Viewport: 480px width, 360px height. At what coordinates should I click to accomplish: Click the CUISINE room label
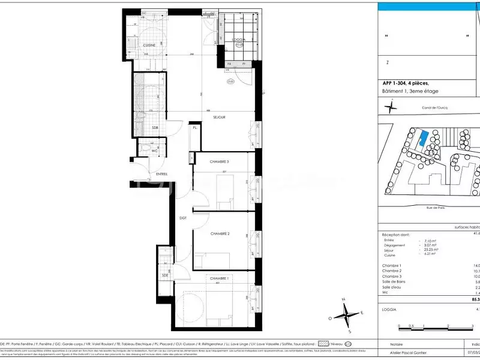149,46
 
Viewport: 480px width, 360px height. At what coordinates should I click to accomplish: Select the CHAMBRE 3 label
219,162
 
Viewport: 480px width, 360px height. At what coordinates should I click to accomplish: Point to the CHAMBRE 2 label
220,234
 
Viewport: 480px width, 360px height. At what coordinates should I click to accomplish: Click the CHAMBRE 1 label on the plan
219,279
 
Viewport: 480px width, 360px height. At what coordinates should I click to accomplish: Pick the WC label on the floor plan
154,151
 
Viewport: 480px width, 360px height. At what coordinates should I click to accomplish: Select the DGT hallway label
183,218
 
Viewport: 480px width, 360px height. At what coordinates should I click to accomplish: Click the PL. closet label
195,128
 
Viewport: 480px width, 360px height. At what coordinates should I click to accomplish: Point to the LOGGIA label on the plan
238,40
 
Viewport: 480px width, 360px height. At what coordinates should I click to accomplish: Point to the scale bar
432,329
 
